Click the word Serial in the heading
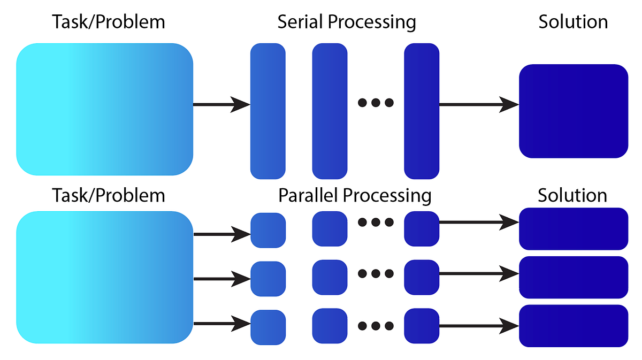301,22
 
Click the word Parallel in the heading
309,196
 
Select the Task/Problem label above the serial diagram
109,22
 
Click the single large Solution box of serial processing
574,111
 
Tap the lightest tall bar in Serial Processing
268,111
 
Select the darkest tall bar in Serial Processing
422,111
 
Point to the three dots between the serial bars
376,103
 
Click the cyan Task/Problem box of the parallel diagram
104,277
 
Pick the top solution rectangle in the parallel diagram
574,229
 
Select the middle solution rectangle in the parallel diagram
574,278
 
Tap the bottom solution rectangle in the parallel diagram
574,326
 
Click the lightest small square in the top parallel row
268,230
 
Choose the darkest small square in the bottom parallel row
422,326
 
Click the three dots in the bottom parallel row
376,325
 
